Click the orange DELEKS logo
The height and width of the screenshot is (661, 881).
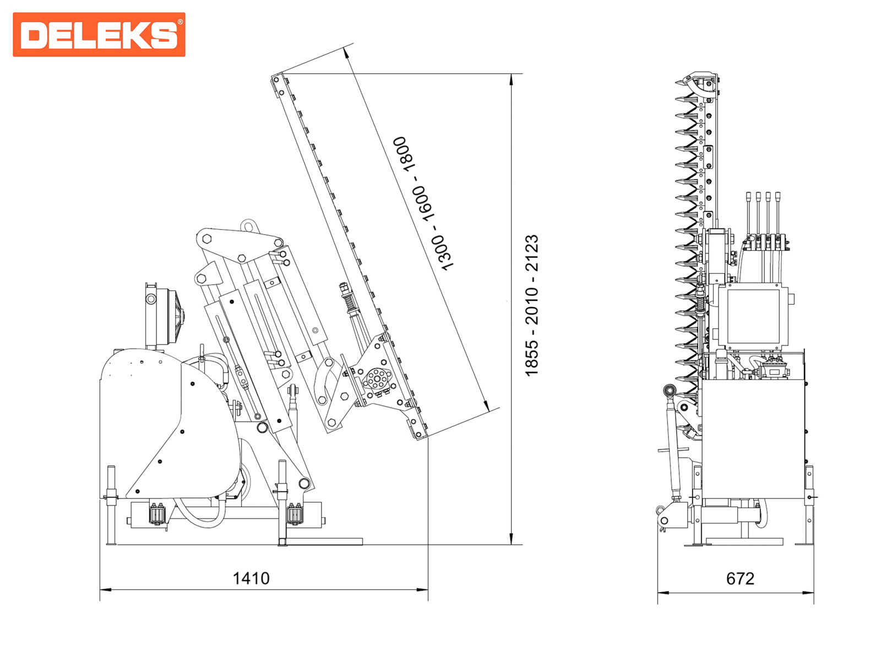99,34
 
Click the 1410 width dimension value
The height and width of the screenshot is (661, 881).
251,578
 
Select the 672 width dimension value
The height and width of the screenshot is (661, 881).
739,578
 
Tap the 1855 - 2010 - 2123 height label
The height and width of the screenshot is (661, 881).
532,306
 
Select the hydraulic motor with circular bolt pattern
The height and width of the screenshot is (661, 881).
377,380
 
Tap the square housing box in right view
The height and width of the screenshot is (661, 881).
753,316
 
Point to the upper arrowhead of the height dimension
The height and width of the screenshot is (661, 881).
512,79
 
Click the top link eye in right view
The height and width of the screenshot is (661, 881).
670,392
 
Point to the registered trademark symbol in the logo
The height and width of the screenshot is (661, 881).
180,22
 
